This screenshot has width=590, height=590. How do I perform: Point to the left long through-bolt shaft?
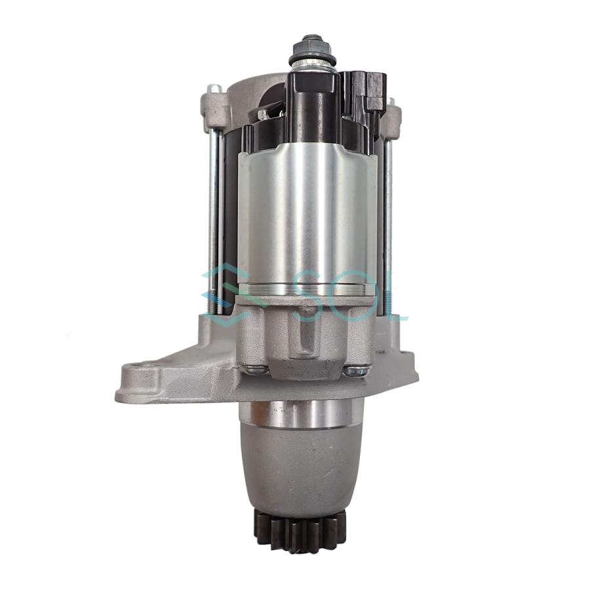click(214, 216)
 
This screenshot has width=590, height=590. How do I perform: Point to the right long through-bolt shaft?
click(389, 216)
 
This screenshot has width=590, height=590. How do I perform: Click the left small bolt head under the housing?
click(256, 370)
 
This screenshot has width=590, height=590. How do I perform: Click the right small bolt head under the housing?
click(357, 371)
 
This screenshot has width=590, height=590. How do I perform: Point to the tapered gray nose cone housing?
click(302, 472)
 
